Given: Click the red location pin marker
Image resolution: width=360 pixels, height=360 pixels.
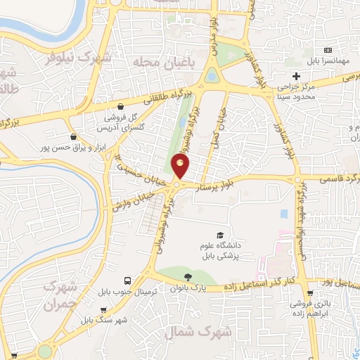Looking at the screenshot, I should (x=181, y=167).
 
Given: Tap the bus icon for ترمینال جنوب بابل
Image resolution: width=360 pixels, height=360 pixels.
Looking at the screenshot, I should (x=127, y=279).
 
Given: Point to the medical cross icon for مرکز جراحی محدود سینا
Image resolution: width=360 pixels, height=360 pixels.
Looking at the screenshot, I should (x=296, y=75).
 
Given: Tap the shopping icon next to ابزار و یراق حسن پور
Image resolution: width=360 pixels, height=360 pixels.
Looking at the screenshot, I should (x=73, y=136).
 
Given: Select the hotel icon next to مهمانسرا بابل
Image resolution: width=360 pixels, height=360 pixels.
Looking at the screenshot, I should (x=328, y=51).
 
